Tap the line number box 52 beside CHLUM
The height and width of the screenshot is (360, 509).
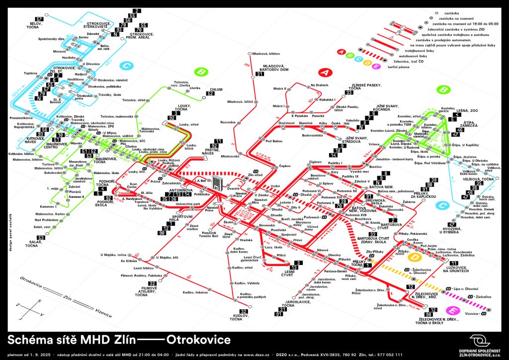[210, 93]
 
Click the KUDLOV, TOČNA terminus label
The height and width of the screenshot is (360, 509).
[241, 317]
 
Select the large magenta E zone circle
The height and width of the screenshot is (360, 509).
[452, 311]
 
